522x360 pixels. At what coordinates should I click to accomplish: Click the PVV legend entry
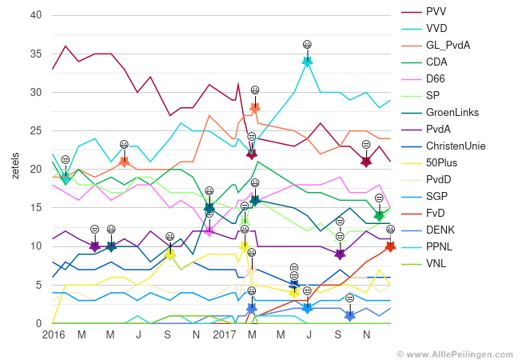click(x=436, y=11)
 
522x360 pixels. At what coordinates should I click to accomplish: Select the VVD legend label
click(x=437, y=28)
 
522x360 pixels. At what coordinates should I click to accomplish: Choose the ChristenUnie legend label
click(x=456, y=146)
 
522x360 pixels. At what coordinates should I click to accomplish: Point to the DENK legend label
click(x=440, y=230)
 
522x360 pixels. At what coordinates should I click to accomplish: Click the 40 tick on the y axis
click(x=35, y=15)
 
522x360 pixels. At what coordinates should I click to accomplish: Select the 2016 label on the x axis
click(x=54, y=334)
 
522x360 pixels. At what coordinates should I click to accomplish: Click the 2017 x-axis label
click(x=225, y=334)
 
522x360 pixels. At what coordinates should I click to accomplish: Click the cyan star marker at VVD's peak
click(x=307, y=61)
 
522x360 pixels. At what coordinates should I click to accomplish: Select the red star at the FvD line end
click(x=390, y=246)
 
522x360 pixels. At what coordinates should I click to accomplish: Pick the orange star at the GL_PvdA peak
click(x=255, y=107)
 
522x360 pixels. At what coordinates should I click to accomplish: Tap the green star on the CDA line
click(x=379, y=215)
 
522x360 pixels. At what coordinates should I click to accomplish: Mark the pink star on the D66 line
click(x=209, y=230)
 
